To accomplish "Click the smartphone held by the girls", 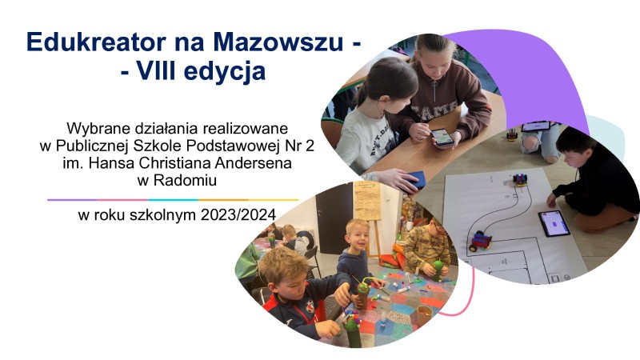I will (x=442, y=137).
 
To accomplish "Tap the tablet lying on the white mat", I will (x=554, y=223).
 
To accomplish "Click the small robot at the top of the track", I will (x=520, y=178).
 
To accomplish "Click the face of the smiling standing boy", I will (x=358, y=236).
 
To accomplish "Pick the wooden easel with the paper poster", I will (x=368, y=210).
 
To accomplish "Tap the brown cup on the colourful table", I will (x=424, y=314).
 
